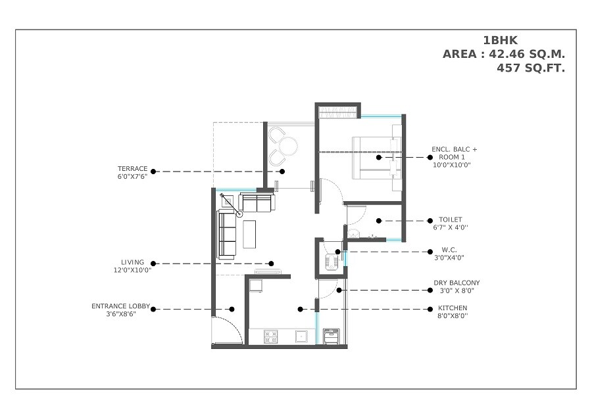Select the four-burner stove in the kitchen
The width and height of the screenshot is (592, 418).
click(x=270, y=336)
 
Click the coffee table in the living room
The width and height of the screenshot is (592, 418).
click(x=250, y=234)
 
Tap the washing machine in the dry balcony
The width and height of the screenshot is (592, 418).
click(x=332, y=336)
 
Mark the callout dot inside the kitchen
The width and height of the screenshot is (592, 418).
click(x=300, y=309)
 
